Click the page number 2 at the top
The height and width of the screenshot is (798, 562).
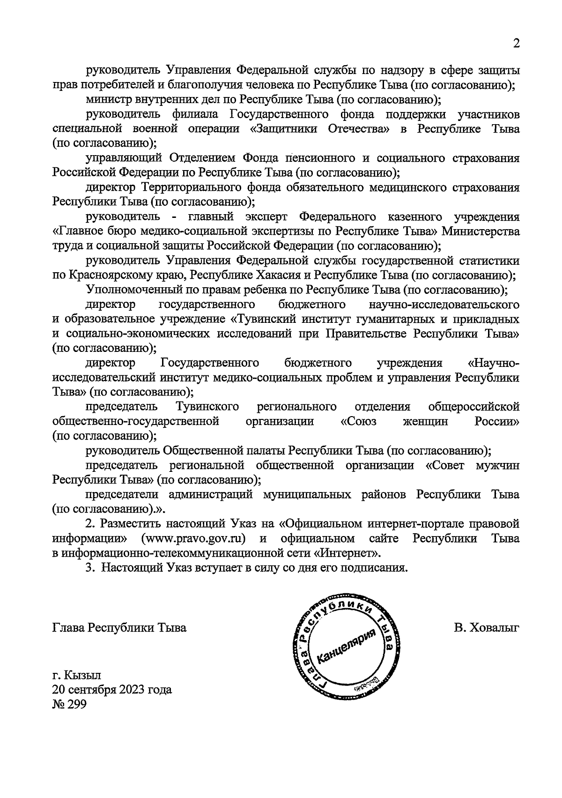click(516, 44)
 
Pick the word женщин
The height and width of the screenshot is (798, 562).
click(425, 421)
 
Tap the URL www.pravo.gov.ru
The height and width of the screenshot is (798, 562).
click(197, 538)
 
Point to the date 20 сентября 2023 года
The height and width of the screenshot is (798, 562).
click(112, 690)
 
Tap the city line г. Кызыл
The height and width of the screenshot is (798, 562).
click(76, 675)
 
